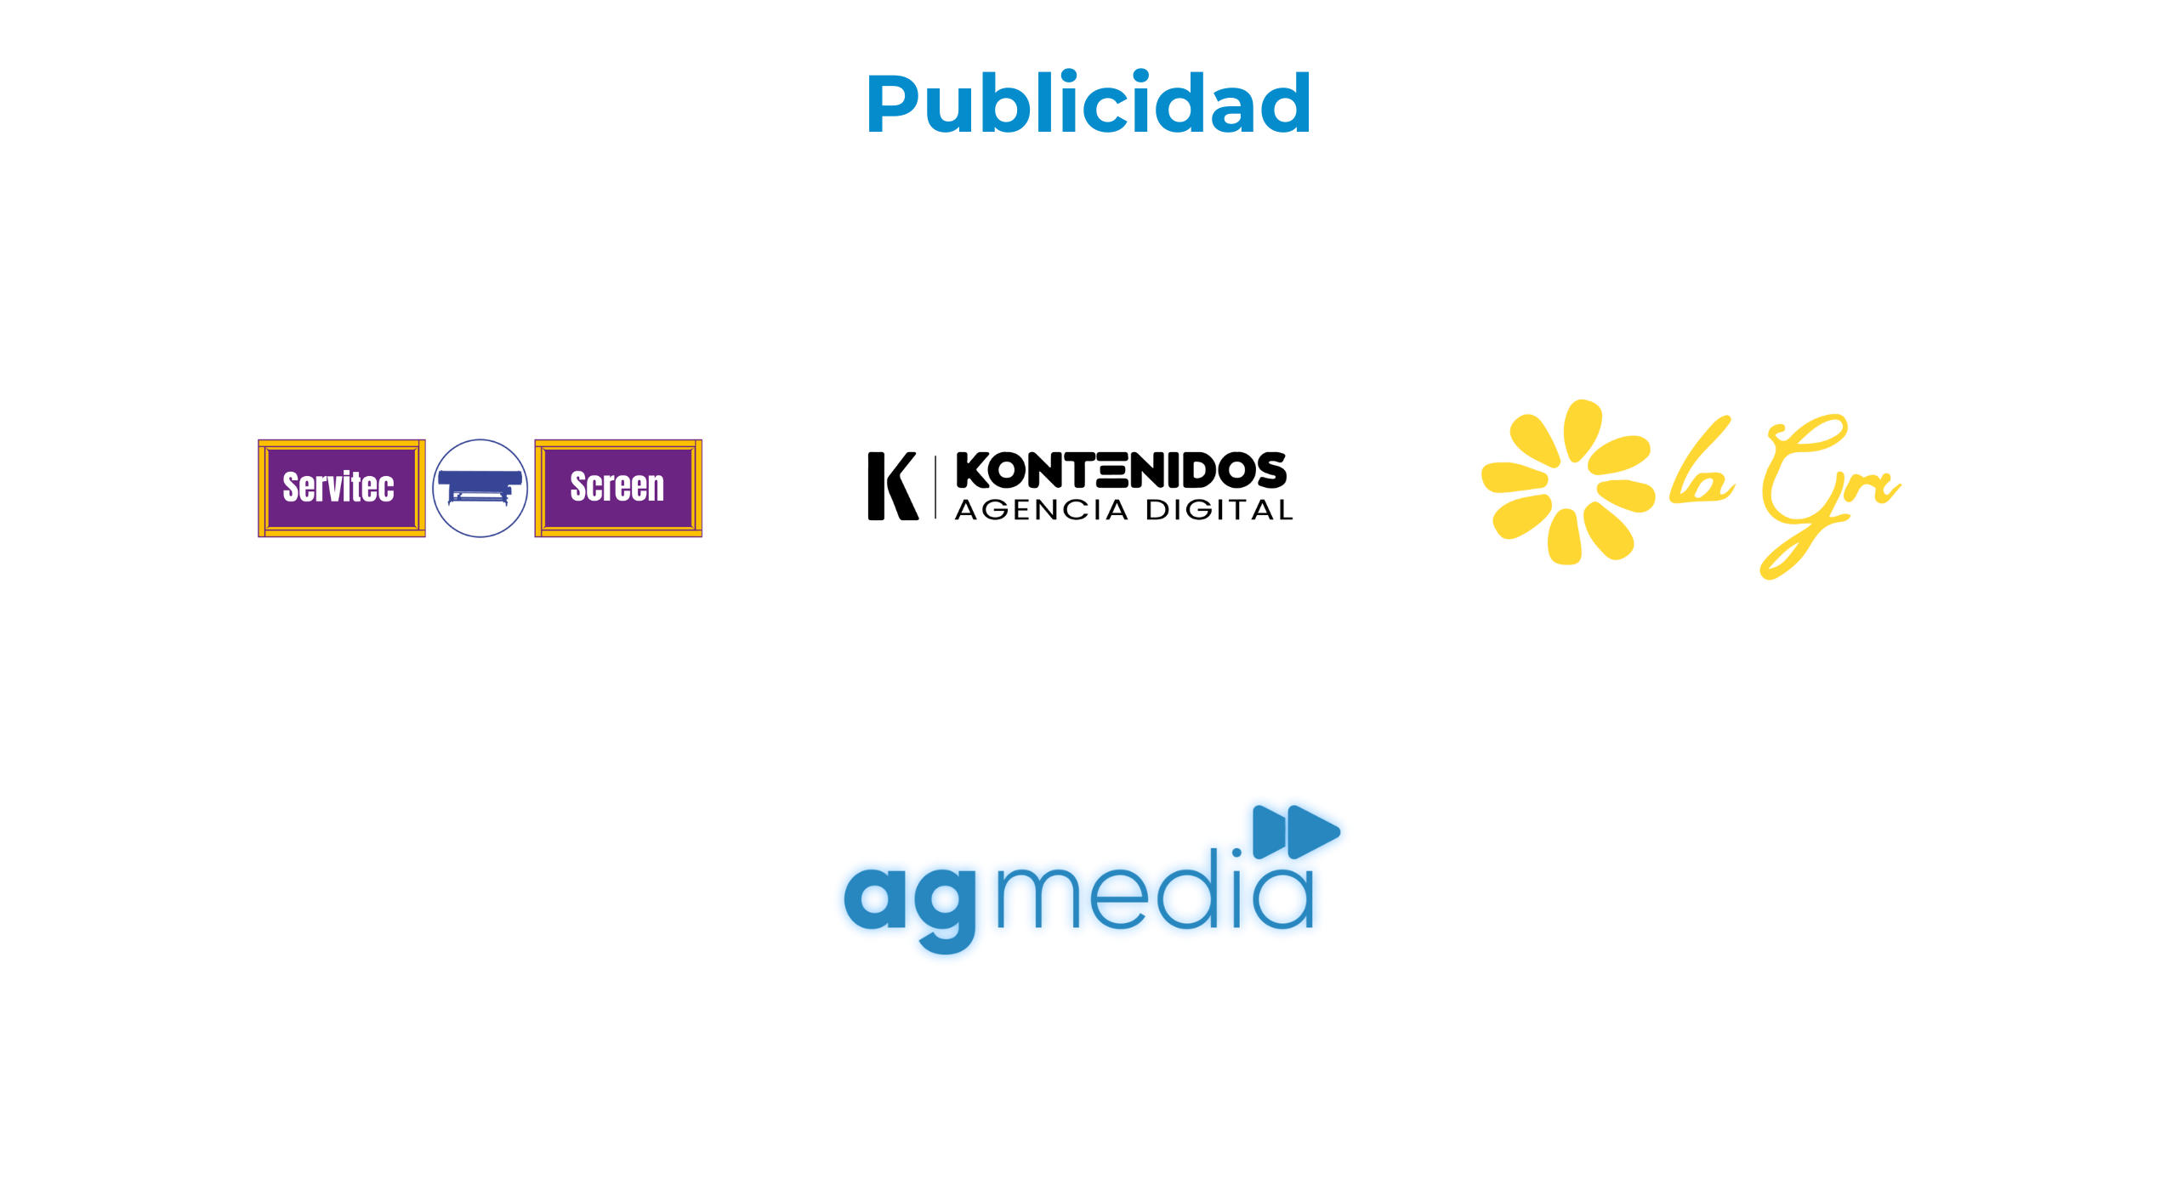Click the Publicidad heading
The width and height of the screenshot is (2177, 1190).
[1088, 104]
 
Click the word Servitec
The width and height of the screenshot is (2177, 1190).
[338, 487]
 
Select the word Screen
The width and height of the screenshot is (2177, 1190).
[617, 487]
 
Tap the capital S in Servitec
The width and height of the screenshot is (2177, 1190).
[292, 487]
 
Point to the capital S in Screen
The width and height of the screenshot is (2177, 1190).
[579, 487]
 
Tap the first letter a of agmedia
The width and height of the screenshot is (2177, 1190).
[876, 898]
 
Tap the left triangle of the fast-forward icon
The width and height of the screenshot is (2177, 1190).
[1271, 829]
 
